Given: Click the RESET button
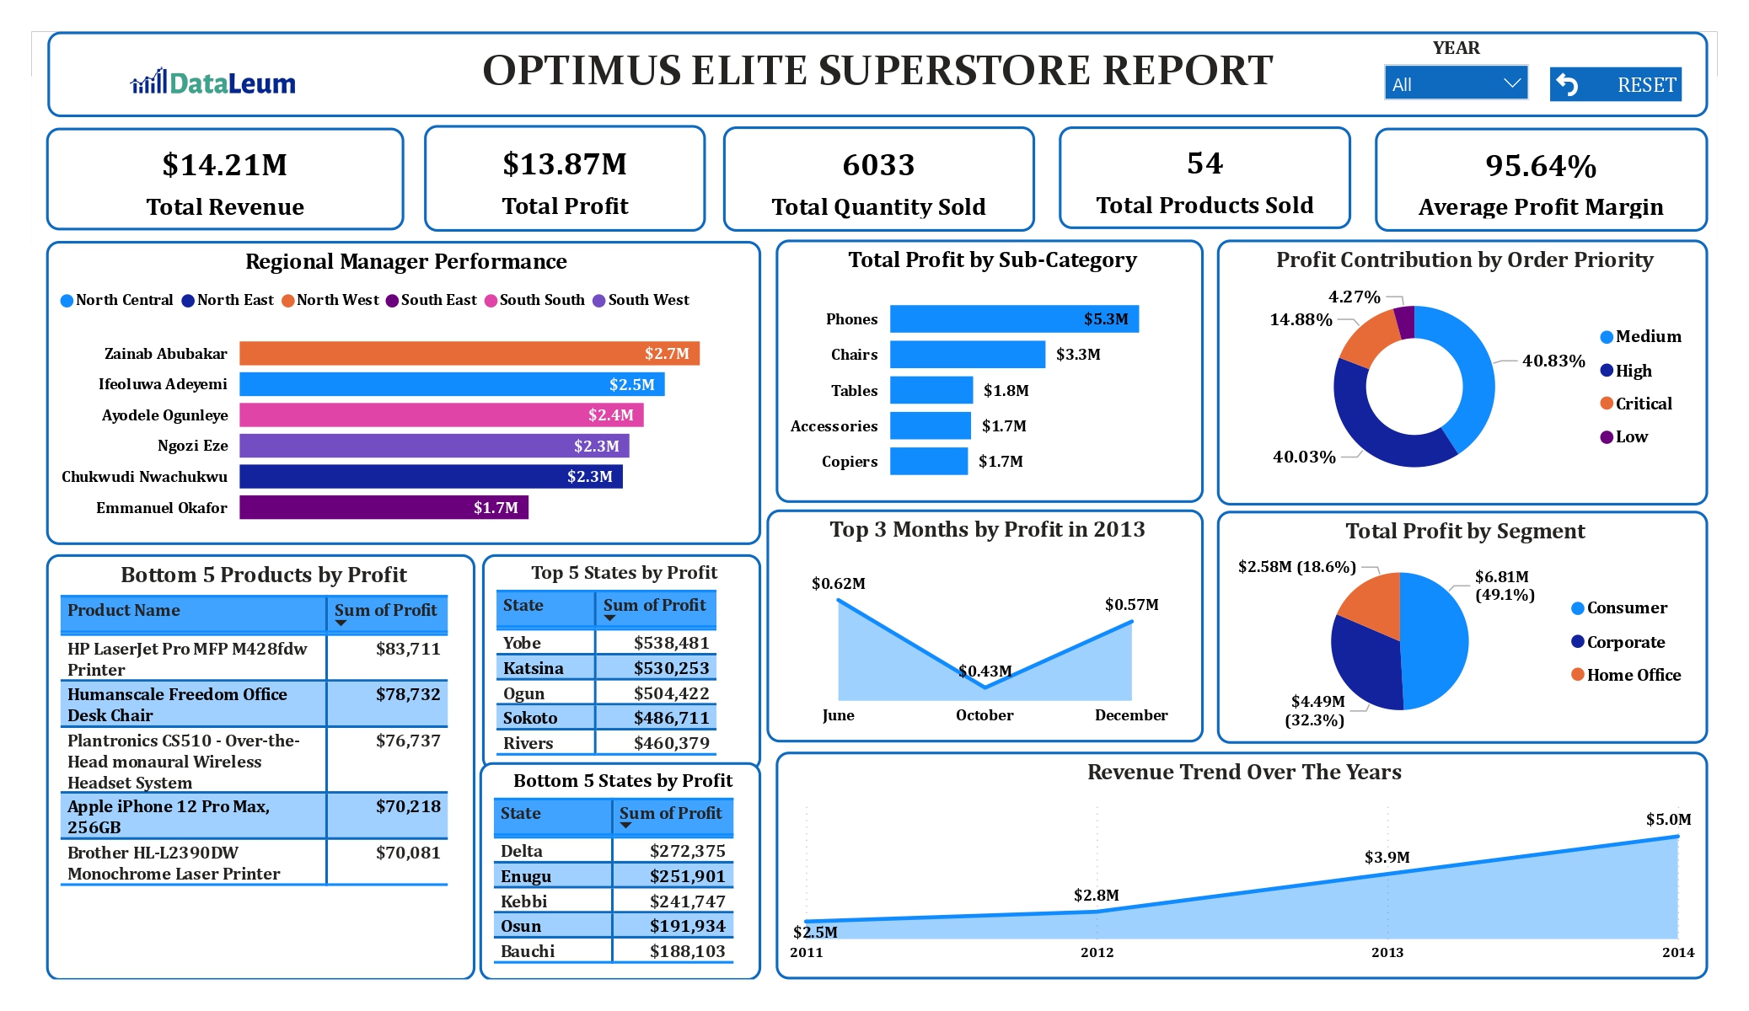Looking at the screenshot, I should [1615, 84].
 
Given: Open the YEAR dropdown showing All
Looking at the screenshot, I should [1456, 83].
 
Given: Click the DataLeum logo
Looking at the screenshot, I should [213, 83].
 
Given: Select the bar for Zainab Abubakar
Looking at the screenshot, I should [469, 353].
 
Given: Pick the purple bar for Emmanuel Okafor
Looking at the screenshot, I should [384, 507].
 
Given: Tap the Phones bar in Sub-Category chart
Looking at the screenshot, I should [1013, 318].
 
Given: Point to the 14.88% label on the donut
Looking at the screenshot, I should [1301, 319].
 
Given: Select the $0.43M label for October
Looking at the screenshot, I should [984, 671].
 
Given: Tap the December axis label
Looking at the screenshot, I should [1130, 715].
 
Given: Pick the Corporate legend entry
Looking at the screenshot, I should [1625, 642].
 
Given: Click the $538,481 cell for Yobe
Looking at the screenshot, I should [671, 643].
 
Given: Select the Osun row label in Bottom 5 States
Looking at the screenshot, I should [521, 926].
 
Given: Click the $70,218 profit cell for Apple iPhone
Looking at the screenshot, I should [408, 806].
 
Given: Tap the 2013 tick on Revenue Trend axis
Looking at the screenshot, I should [1387, 952].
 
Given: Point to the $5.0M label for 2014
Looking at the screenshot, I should [1668, 819].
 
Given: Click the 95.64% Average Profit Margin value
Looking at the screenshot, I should [1540, 166].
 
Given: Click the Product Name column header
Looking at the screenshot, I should [124, 610].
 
